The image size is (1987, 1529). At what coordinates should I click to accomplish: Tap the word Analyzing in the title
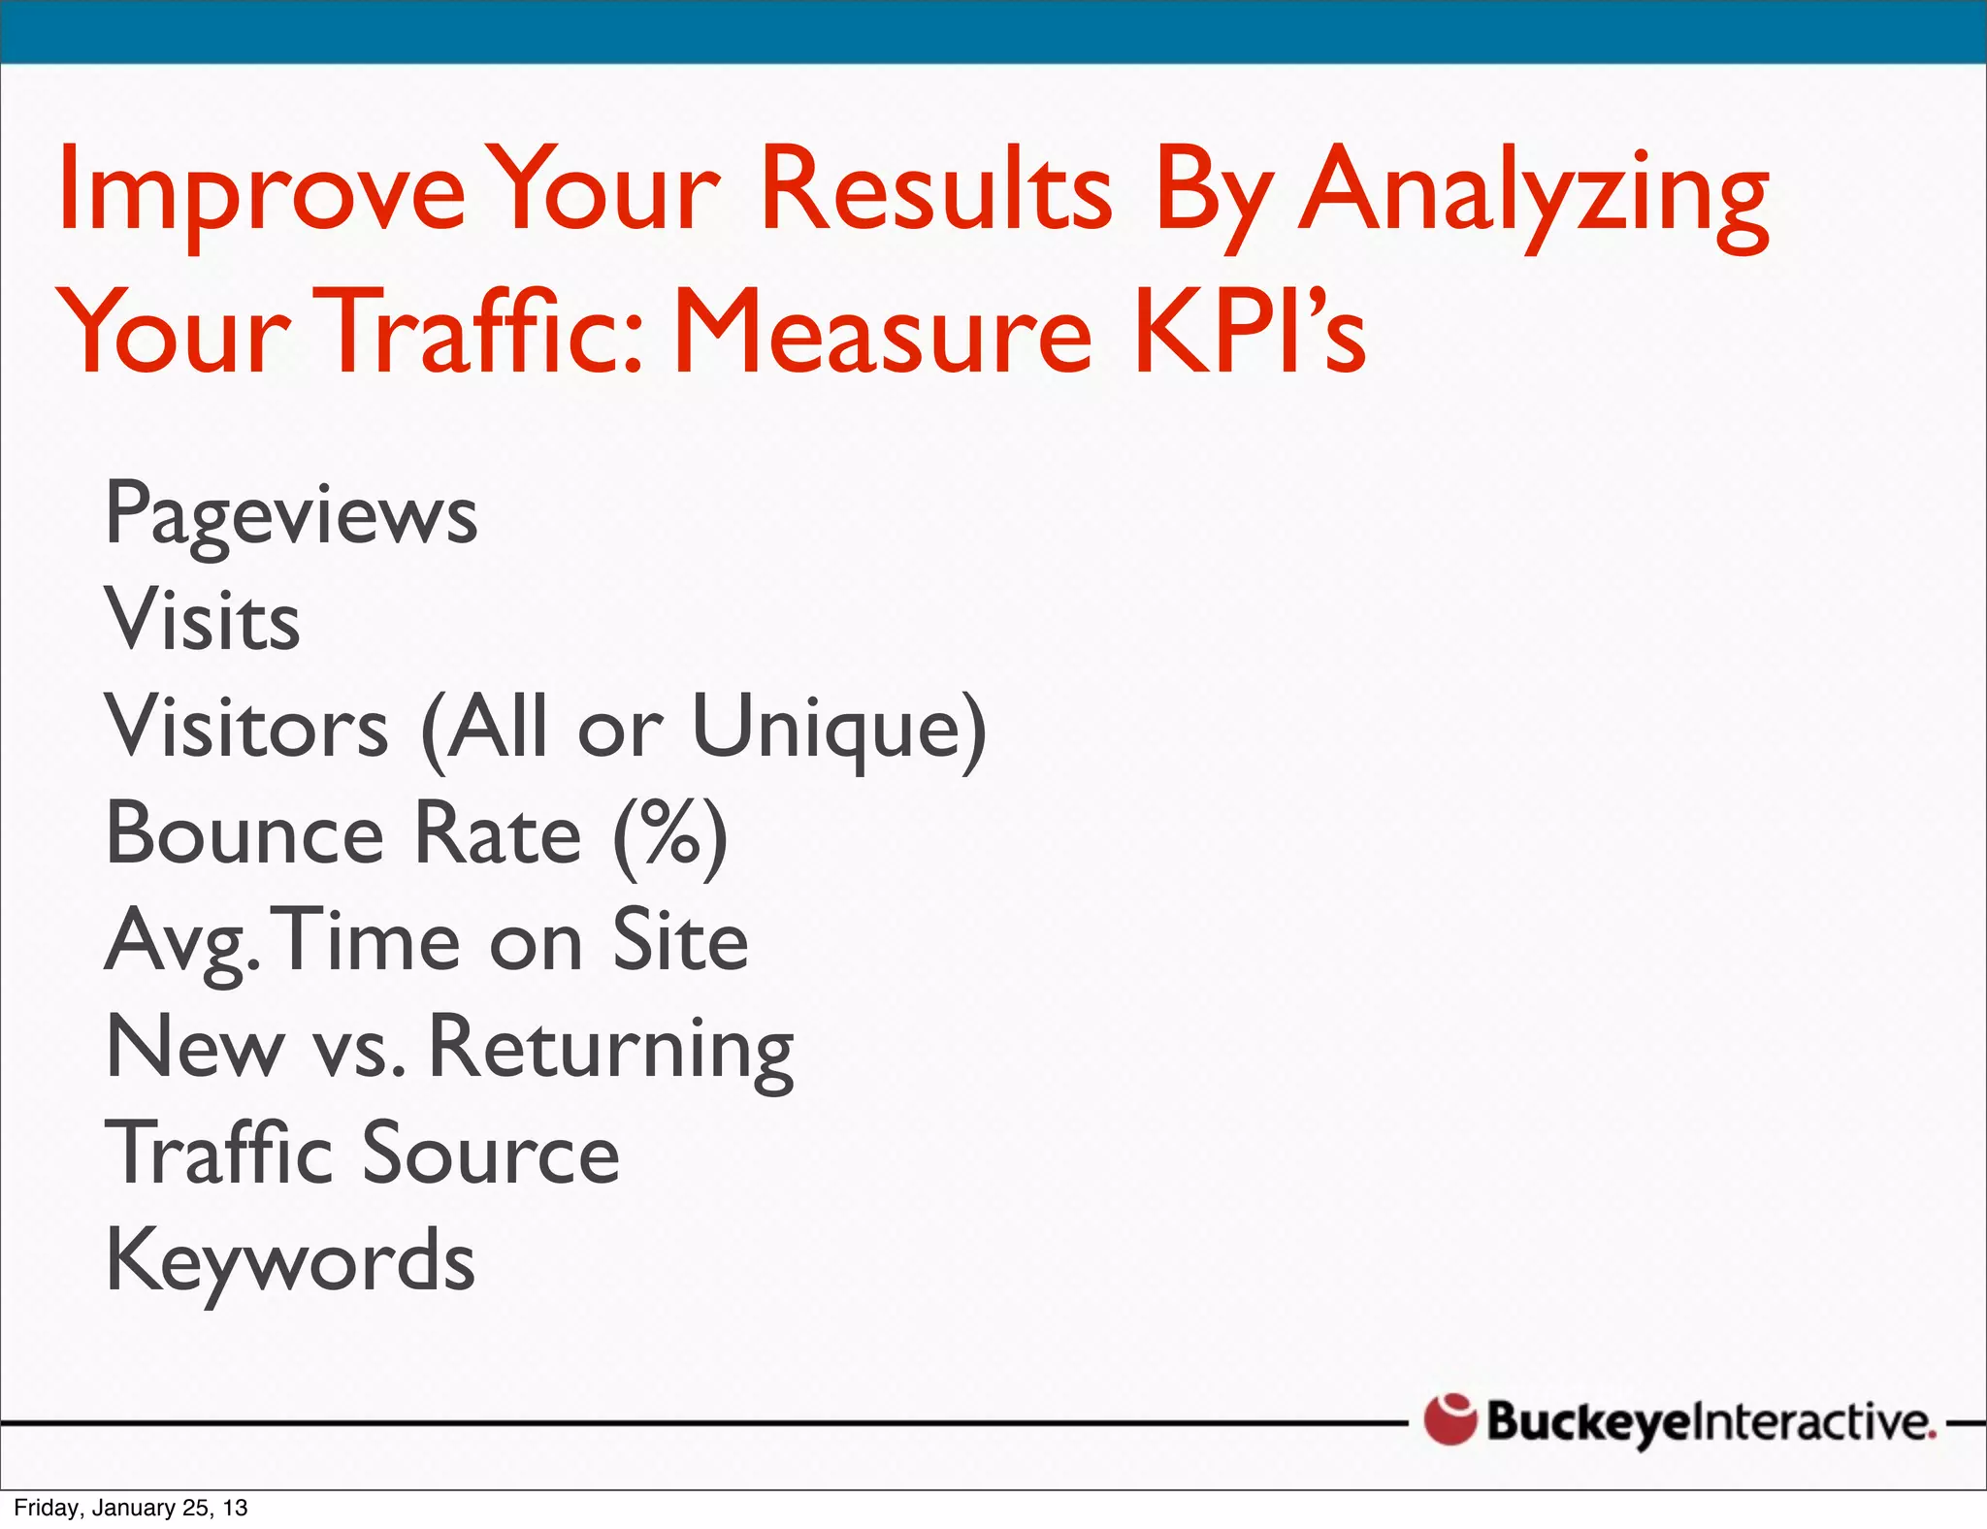coord(1534,193)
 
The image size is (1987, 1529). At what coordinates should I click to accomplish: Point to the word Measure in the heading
coord(883,332)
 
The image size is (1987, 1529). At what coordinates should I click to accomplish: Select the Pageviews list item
coord(291,514)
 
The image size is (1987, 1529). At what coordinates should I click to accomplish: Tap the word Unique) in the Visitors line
coord(839,728)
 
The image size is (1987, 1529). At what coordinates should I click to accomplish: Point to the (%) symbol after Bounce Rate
coord(670,834)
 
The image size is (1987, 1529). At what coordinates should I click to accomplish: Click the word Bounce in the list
coord(245,834)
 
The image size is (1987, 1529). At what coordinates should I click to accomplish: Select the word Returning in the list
coord(611,1048)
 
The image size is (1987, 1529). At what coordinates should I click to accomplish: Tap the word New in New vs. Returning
coord(195,1048)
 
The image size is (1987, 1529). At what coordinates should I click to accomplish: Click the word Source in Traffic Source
coord(491,1154)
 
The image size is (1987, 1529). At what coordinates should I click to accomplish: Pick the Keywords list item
coord(290,1261)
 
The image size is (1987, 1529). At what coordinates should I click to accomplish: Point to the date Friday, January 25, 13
coord(131,1508)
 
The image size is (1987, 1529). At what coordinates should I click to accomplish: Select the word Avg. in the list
coord(182,941)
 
